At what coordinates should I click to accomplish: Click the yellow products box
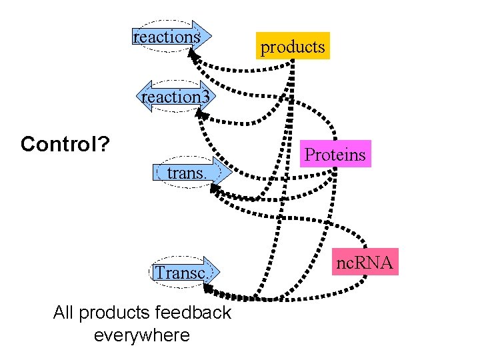tap(293, 46)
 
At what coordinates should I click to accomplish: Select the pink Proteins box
tap(335, 154)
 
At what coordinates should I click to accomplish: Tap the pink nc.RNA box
tap(364, 262)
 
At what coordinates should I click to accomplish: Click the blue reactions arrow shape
tap(168, 37)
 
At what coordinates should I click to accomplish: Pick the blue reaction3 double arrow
tap(175, 97)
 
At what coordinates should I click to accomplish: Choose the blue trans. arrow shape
tap(186, 173)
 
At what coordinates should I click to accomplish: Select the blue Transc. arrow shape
tap(181, 272)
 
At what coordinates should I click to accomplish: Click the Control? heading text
tap(65, 144)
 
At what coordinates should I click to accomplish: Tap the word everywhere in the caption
tap(142, 335)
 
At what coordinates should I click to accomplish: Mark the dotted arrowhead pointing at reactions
tap(194, 56)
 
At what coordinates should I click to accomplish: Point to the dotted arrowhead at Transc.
tap(209, 289)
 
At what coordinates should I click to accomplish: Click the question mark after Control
tap(105, 144)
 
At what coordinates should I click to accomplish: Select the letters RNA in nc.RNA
tap(377, 263)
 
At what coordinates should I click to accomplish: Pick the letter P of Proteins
tap(309, 155)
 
